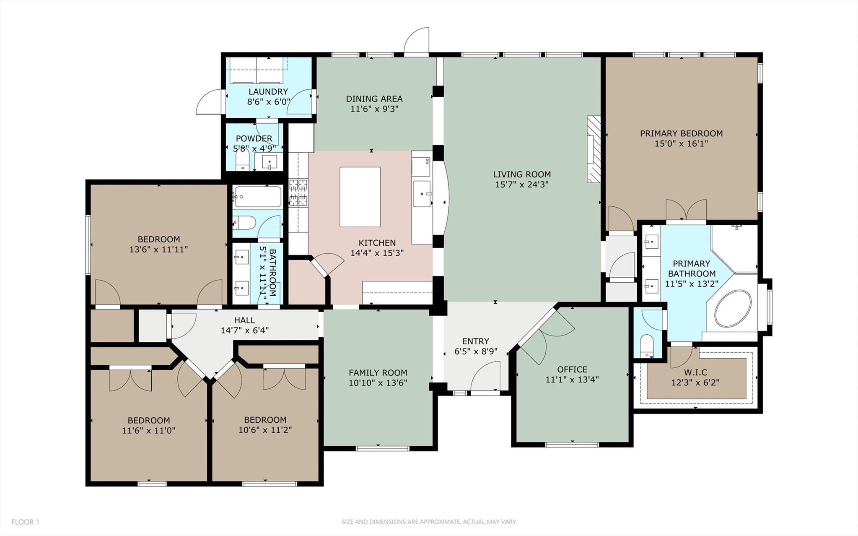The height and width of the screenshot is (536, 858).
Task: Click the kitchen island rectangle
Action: pyautogui.click(x=360, y=197)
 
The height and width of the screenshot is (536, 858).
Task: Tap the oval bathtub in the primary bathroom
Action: pyautogui.click(x=733, y=310)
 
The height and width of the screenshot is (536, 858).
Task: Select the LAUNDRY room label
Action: pyautogui.click(x=268, y=91)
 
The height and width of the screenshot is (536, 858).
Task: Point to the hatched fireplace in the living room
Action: pyautogui.click(x=593, y=149)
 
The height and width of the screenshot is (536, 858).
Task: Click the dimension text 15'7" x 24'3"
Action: pyautogui.click(x=522, y=184)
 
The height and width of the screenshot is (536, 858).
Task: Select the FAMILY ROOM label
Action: pyautogui.click(x=378, y=372)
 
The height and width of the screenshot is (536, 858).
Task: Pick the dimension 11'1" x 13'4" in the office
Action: pyautogui.click(x=572, y=380)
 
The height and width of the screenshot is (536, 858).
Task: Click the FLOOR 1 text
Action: pyautogui.click(x=25, y=522)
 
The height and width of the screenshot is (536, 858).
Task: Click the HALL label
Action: pyautogui.click(x=244, y=320)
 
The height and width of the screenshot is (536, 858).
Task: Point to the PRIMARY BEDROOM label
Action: pyautogui.click(x=681, y=133)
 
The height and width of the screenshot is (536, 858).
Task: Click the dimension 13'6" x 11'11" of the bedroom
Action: pyautogui.click(x=158, y=250)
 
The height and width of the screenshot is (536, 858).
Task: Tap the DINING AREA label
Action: pyautogui.click(x=374, y=99)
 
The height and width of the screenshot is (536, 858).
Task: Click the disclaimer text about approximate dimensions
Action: pyautogui.click(x=428, y=522)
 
